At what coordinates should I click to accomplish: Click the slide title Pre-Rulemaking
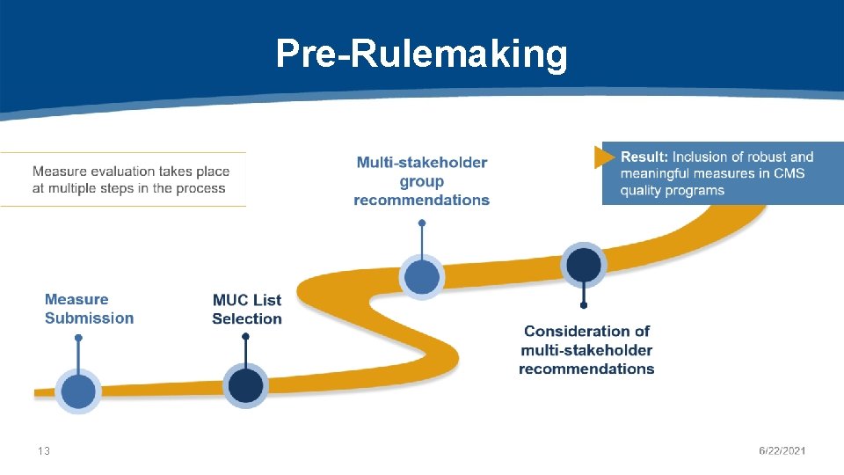click(x=421, y=55)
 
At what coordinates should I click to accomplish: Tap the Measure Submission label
click(x=89, y=309)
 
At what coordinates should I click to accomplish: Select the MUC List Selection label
click(x=247, y=309)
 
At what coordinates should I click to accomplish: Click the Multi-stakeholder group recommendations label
click(x=421, y=181)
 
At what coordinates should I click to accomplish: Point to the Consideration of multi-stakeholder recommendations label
click(x=586, y=349)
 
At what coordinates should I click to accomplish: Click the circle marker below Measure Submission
click(x=78, y=391)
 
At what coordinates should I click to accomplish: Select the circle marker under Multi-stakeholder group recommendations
click(x=422, y=277)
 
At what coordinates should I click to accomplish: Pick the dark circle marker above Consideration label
click(x=584, y=265)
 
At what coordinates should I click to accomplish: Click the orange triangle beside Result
click(x=604, y=157)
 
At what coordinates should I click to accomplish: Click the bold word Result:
click(x=644, y=157)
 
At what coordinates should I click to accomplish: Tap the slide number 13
click(x=44, y=451)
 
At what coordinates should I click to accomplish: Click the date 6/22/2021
click(x=782, y=451)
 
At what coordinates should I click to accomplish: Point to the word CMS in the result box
click(x=789, y=173)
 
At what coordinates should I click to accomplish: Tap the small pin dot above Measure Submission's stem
click(x=78, y=338)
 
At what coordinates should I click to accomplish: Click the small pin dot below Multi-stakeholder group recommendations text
click(x=422, y=223)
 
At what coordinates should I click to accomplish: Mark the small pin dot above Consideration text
click(x=584, y=306)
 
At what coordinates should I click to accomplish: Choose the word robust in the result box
click(x=763, y=157)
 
